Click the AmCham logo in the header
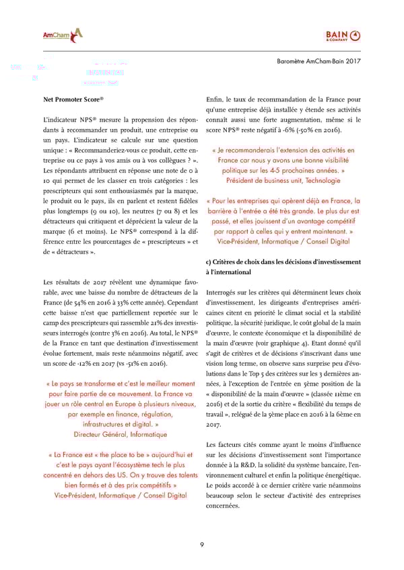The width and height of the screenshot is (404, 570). point(63,34)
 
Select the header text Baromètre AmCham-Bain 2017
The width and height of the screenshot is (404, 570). point(319,61)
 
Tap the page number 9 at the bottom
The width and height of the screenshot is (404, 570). point(202,544)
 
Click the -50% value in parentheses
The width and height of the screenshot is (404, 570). point(310,129)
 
